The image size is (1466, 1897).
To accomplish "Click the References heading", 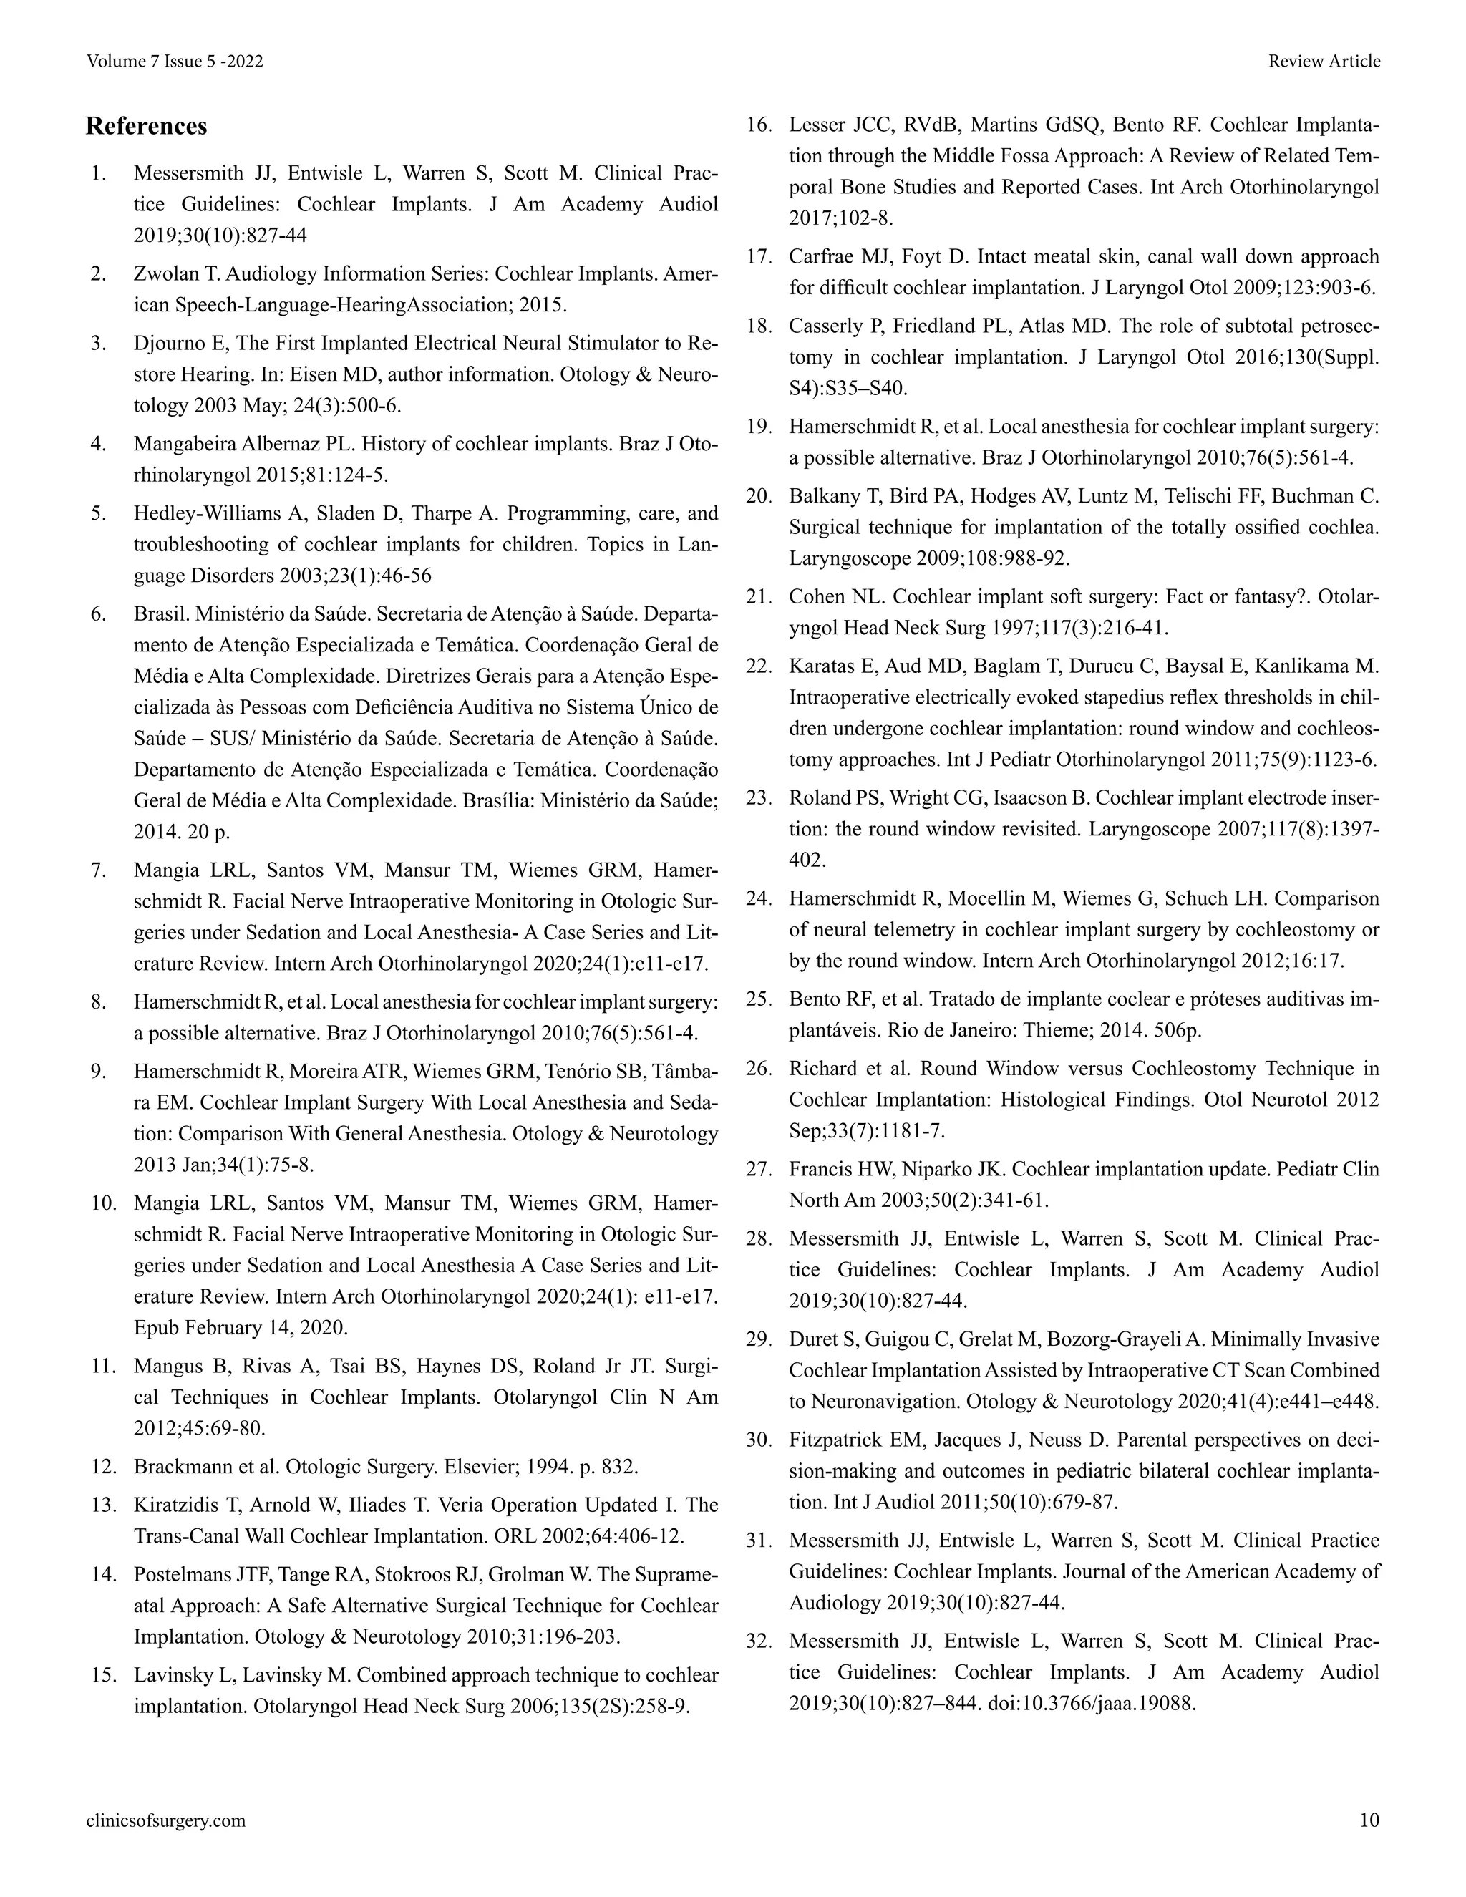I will (x=146, y=127).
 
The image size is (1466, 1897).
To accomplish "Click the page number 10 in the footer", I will (x=1369, y=1820).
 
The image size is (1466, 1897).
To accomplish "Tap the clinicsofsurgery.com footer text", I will (x=166, y=1820).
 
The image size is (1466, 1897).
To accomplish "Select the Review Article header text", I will (x=1324, y=62).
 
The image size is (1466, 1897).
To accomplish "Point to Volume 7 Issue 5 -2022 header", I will (x=175, y=62).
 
